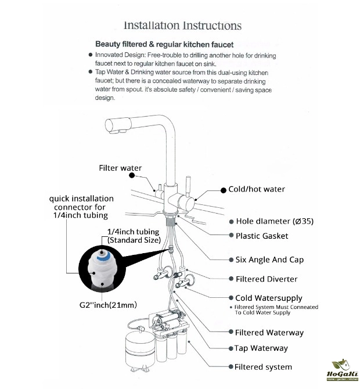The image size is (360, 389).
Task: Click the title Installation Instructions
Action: (182, 26)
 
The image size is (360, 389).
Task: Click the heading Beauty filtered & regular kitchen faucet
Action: (164, 44)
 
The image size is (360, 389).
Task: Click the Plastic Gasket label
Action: (261, 236)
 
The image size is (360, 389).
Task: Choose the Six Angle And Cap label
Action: (269, 260)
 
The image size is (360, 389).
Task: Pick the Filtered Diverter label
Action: (266, 279)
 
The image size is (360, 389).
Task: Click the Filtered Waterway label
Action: (269, 333)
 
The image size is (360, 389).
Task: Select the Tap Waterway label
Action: (261, 348)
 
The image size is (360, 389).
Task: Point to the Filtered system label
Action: (263, 367)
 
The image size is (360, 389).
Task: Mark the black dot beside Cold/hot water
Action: (222, 190)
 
